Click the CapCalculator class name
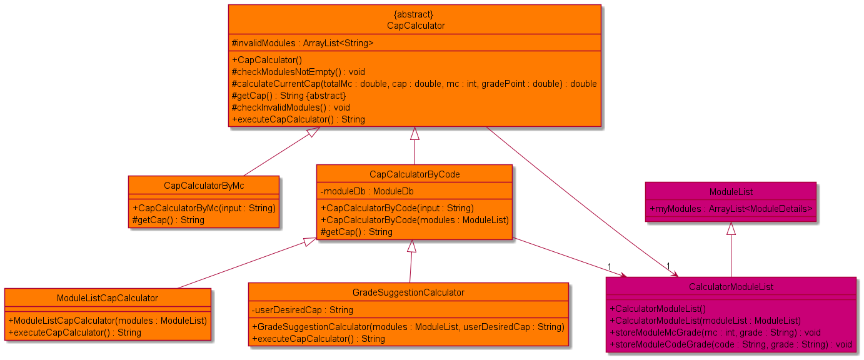point(415,26)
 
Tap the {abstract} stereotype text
point(415,14)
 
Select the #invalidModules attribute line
point(303,43)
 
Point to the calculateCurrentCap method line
point(414,84)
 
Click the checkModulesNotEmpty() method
point(289,72)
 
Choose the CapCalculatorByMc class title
point(203,186)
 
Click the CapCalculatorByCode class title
point(414,174)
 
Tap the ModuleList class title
point(730,191)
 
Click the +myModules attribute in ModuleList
point(730,209)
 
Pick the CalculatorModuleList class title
point(731,287)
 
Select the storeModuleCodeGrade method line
point(730,344)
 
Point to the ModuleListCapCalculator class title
point(108,298)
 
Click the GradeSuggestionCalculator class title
point(408,292)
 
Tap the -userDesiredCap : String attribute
point(302,310)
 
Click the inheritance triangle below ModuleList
point(730,229)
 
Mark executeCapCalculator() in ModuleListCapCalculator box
point(74,332)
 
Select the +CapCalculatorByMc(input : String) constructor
point(204,208)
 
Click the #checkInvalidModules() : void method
point(291,107)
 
